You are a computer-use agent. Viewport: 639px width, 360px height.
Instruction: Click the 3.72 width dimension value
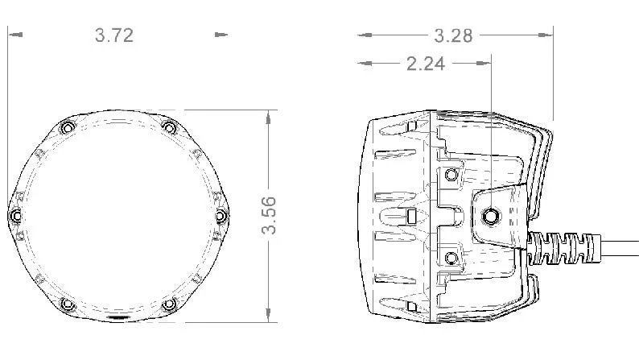click(113, 35)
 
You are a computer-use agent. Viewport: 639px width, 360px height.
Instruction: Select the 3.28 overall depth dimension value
click(453, 35)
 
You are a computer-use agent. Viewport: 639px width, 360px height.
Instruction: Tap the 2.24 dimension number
click(426, 64)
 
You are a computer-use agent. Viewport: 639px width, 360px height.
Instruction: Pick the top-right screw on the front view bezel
click(169, 127)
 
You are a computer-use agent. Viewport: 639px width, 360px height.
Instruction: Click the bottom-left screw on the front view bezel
click(67, 304)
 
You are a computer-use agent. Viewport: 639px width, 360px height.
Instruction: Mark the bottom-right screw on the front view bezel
click(169, 304)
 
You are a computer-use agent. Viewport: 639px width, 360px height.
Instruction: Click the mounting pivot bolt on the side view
click(490, 216)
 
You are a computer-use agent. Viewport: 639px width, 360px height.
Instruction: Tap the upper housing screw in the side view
click(451, 175)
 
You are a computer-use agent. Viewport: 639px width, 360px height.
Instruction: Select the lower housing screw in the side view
click(451, 257)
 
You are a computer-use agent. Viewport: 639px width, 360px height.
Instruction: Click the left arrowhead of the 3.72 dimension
click(14, 35)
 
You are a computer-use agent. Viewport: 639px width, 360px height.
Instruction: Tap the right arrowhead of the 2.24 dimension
click(485, 63)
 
